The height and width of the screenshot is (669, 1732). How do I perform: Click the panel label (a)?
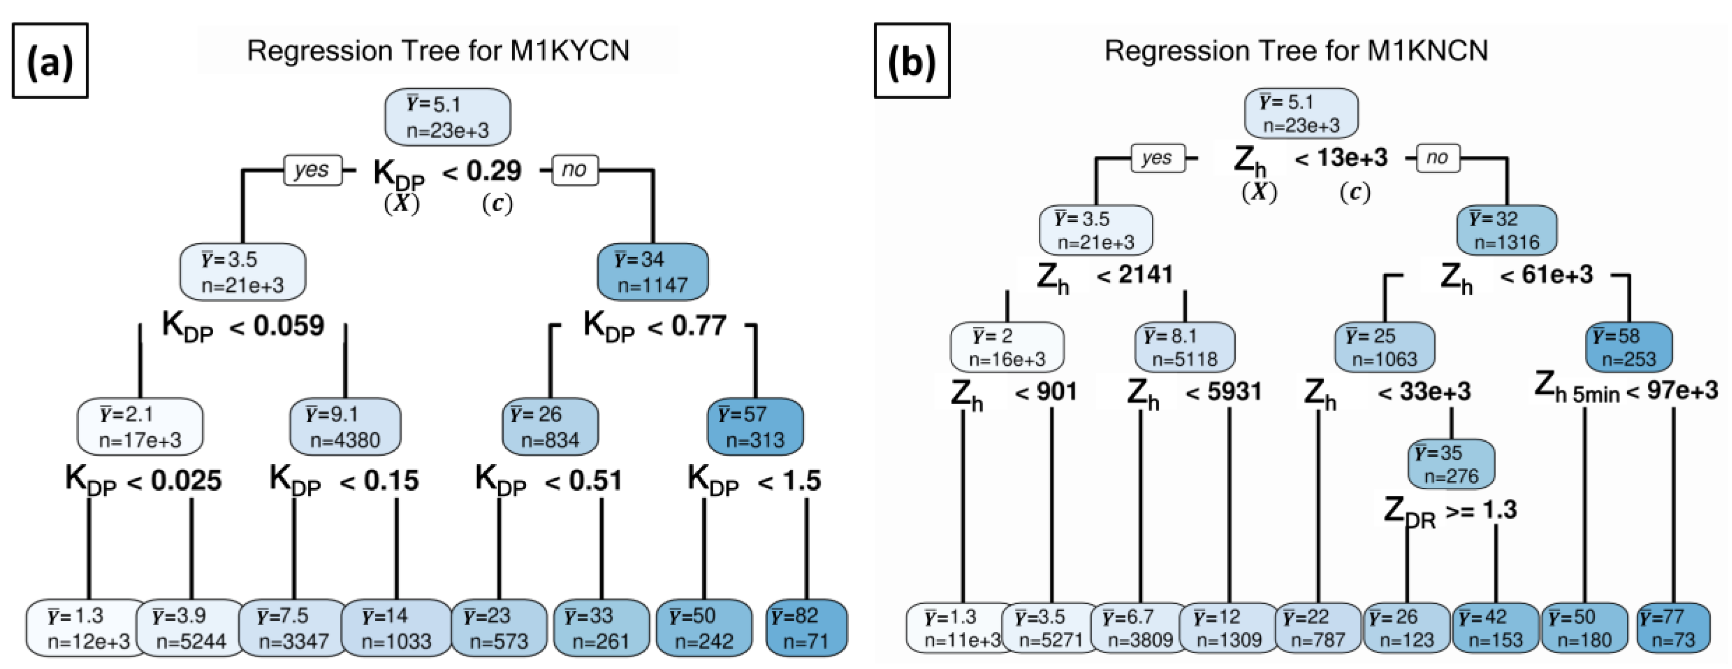[x=50, y=61]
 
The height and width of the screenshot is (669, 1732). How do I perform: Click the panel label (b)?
[x=912, y=61]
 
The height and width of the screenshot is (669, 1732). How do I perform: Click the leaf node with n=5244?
[x=191, y=628]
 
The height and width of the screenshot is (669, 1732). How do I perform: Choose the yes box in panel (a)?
[x=312, y=169]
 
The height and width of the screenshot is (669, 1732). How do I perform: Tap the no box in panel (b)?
[x=1437, y=158]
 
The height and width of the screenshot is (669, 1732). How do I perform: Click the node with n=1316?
[x=1506, y=230]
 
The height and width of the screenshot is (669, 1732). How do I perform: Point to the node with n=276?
[x=1451, y=464]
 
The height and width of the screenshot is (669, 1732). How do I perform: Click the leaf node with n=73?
[x=1673, y=628]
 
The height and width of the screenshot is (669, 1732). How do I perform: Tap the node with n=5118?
[x=1185, y=347]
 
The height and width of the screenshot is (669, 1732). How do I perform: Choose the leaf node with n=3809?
[x=1139, y=628]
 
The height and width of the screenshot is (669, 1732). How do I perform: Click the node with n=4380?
[x=345, y=426]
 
